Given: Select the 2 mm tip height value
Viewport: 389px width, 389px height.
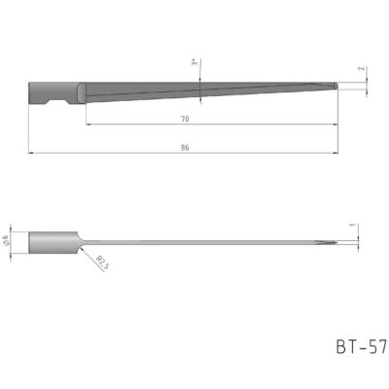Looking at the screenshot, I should [361, 69].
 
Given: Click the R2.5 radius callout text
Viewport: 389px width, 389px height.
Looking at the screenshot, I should [104, 261].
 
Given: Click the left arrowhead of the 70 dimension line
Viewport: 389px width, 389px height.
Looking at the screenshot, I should [88, 124].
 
